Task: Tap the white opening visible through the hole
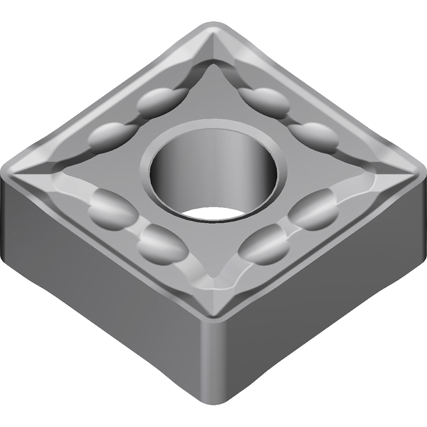pos(212,213)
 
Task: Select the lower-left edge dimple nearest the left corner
pos(112,206)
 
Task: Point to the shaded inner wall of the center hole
pos(179,171)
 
